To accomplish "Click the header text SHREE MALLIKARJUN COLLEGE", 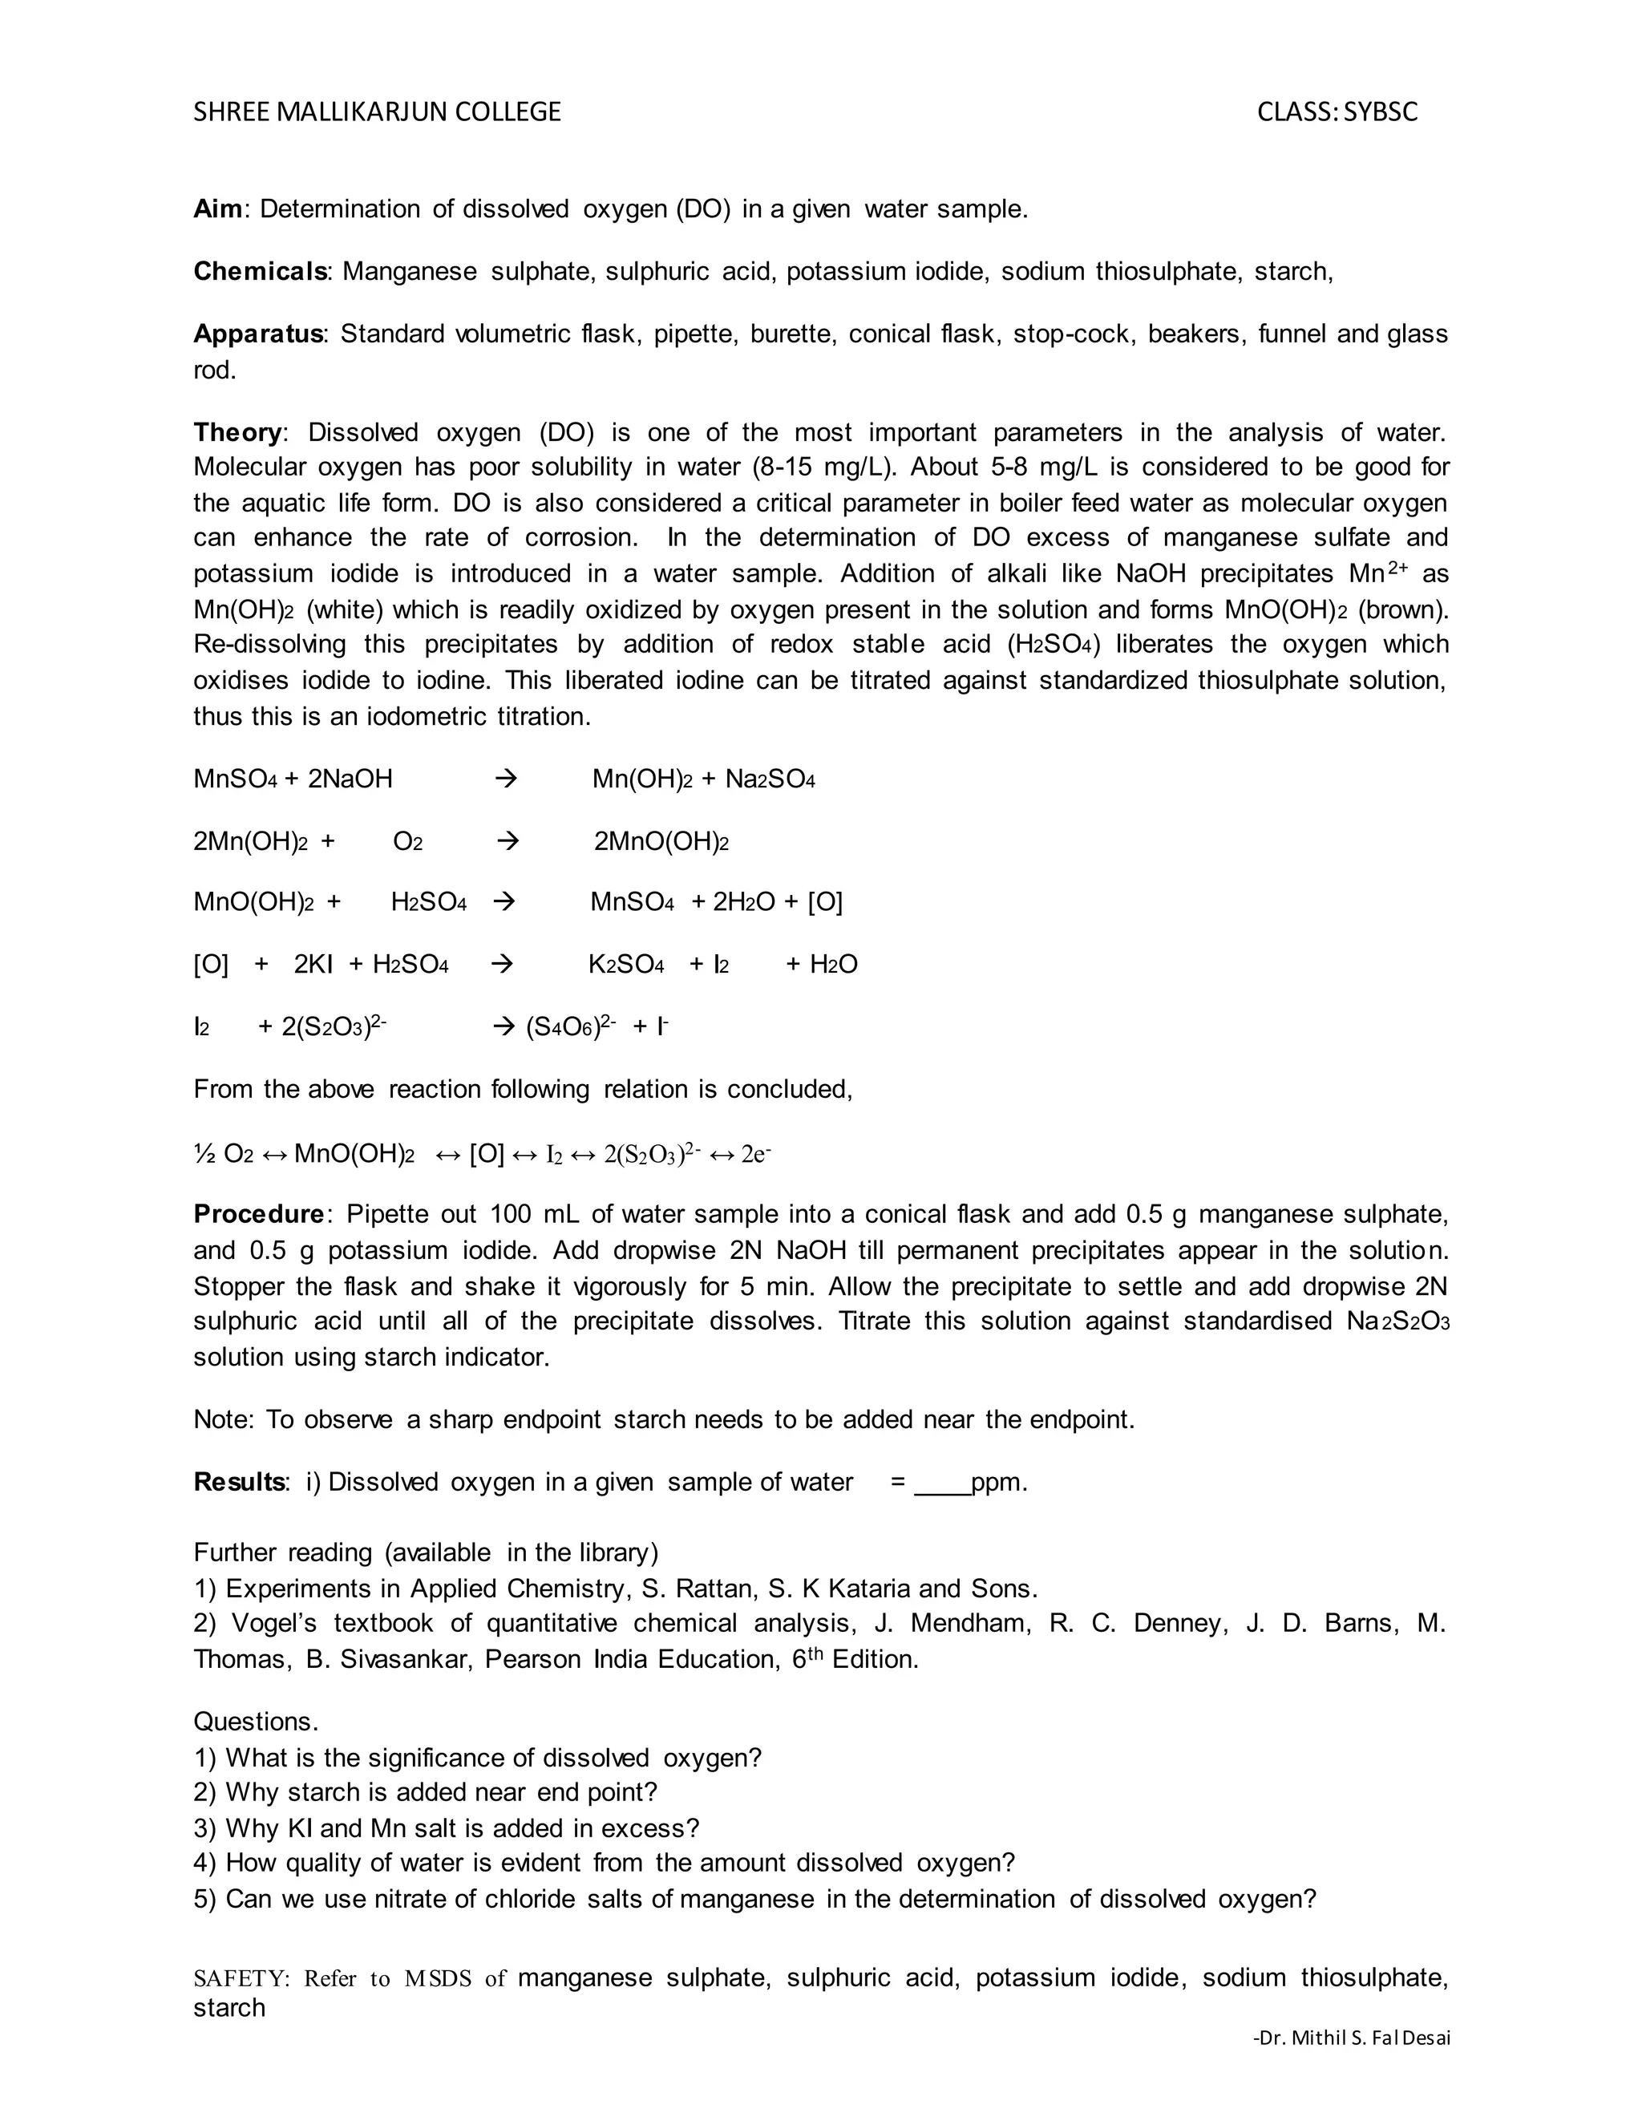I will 377,112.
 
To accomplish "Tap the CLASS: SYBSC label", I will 1337,112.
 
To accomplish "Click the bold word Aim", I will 217,209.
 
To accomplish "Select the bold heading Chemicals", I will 260,272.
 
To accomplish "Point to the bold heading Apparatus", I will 258,334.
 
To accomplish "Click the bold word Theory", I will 237,432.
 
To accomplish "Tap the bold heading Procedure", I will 258,1214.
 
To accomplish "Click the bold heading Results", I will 239,1482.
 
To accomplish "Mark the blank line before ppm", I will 941,1483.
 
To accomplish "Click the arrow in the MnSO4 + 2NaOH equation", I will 506,779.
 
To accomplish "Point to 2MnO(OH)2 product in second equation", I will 661,842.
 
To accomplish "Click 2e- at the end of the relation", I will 756,1154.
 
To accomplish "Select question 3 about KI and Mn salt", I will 447,1828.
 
